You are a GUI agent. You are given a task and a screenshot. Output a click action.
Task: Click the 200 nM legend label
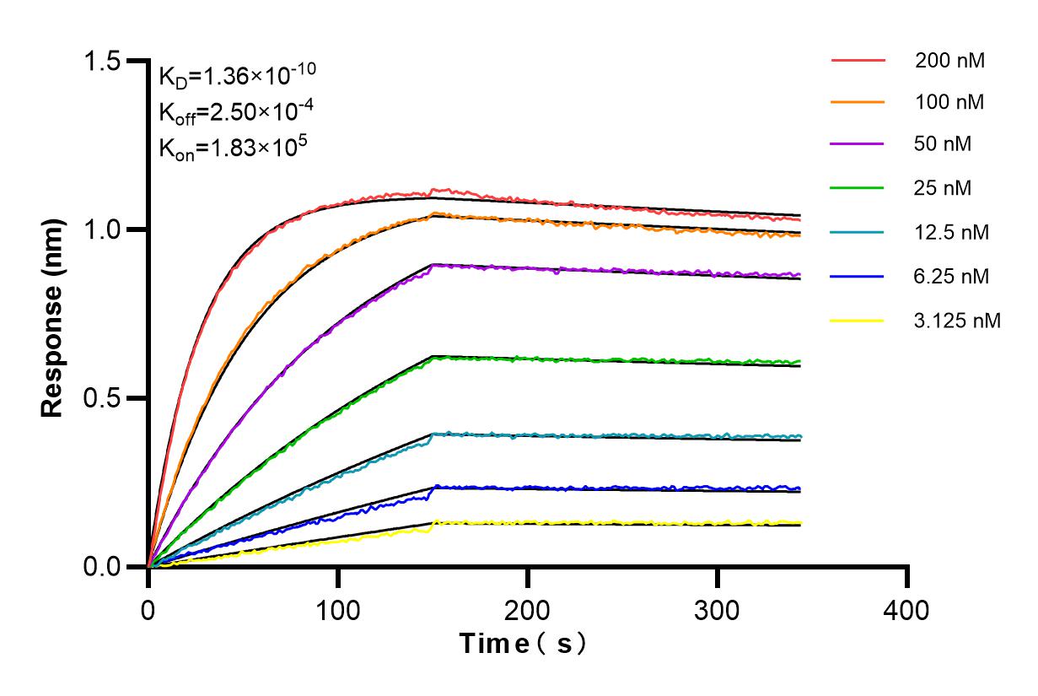coord(949,61)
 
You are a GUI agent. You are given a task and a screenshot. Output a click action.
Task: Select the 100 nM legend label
coord(949,102)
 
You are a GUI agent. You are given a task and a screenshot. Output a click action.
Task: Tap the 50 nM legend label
coord(943,144)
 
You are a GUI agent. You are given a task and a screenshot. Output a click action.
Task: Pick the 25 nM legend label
coord(943,187)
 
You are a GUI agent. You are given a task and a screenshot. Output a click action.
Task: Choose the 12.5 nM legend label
coord(950,231)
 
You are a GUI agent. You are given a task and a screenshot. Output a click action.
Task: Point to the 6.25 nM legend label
coord(950,276)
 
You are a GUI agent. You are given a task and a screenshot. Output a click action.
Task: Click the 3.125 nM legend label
coord(957,321)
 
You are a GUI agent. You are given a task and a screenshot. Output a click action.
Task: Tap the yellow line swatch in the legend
coord(858,321)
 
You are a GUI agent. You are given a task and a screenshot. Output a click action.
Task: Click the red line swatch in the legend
coord(858,61)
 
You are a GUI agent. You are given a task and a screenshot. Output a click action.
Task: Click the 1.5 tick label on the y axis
coord(102,62)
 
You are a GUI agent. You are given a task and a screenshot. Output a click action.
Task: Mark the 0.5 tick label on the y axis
coord(102,398)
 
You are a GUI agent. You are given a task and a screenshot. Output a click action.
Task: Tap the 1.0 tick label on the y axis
coord(102,229)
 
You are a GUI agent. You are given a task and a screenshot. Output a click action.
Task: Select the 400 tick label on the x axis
coord(907,610)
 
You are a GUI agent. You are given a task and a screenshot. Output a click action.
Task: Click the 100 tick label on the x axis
coord(338,610)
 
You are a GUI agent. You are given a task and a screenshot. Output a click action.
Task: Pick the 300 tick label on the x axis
coord(718,610)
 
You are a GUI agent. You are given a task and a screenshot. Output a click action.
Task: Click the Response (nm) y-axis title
coord(53,314)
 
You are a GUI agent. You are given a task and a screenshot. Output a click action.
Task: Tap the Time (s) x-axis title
coord(523,644)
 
